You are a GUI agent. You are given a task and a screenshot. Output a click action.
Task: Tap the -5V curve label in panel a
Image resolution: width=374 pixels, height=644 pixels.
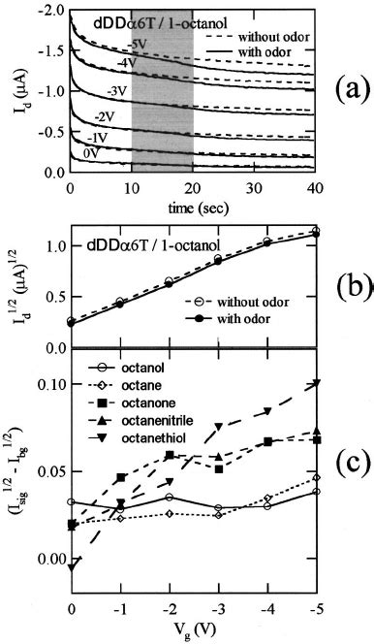139,42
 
